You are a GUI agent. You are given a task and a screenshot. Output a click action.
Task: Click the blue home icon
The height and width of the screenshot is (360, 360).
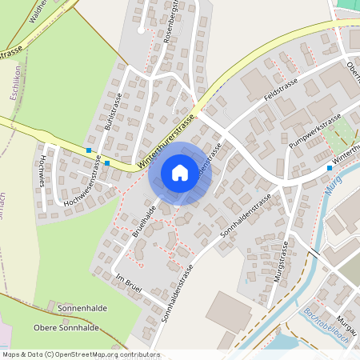(180, 172)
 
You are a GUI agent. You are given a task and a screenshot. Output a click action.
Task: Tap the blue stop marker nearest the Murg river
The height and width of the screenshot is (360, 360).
(329, 168)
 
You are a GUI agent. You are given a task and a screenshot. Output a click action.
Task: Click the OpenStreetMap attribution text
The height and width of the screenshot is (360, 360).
(81, 354)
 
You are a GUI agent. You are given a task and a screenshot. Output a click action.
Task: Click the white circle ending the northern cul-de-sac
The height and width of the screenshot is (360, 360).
(141, 30)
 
